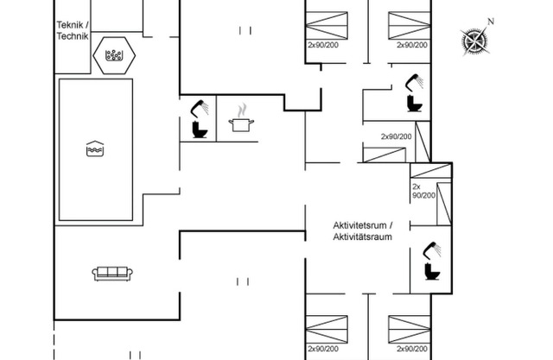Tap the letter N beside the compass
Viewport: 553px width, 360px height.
tap(490, 21)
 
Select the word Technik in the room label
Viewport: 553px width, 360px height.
tap(72, 36)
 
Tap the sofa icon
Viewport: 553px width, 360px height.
tap(113, 274)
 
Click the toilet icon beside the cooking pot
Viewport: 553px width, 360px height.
tap(198, 130)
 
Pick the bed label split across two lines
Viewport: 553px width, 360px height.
tap(422, 191)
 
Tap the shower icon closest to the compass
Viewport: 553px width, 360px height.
tap(413, 83)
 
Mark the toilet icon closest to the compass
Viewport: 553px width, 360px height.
tap(412, 104)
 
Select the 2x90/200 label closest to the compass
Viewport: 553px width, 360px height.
tap(412, 44)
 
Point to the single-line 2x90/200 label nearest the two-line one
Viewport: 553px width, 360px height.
tap(397, 136)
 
